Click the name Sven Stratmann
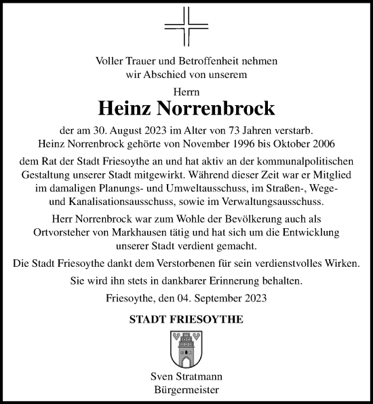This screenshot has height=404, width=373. tap(186, 377)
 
